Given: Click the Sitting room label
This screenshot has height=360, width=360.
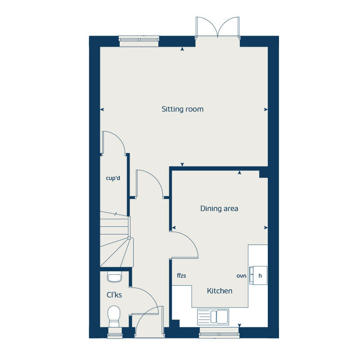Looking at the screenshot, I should click(182, 109).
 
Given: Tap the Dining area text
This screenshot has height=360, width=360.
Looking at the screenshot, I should click(219, 208).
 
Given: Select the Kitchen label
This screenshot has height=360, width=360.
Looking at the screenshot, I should click(220, 291).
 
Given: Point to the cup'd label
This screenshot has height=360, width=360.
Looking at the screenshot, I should click(113, 178).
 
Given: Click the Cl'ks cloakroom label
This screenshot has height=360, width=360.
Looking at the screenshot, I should click(114, 295).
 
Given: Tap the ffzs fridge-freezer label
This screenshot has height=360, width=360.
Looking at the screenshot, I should click(181, 275).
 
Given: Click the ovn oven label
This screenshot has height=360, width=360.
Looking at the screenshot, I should click(242, 275).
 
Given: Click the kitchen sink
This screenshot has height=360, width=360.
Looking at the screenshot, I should click(213, 316).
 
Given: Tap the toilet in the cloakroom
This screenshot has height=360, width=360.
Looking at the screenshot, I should click(114, 316).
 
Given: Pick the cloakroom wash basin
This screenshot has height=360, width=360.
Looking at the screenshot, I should click(114, 277).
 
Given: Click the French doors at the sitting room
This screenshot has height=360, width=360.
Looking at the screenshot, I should click(217, 28).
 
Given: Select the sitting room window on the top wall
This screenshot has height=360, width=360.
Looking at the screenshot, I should click(139, 40).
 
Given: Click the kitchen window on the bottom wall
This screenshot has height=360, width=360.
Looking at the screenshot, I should click(219, 333).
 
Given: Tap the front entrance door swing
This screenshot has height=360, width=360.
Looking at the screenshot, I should click(147, 320).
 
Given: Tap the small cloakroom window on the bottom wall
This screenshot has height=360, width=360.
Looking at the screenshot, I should click(115, 334).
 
